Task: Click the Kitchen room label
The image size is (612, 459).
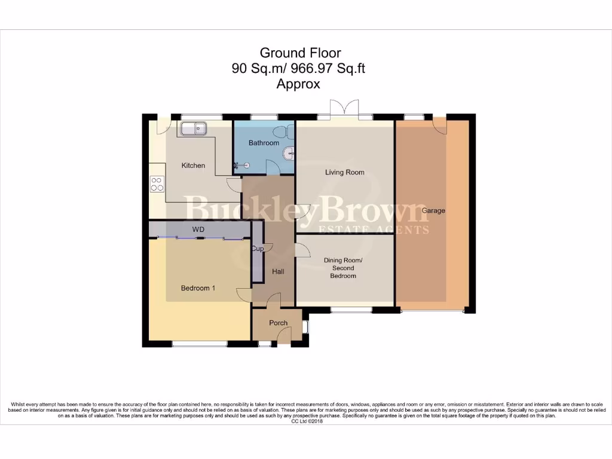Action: pyautogui.click(x=193, y=166)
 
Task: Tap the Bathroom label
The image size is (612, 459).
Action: pyautogui.click(x=264, y=143)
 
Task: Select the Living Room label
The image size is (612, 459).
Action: pyautogui.click(x=345, y=172)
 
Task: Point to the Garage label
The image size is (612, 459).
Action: pyautogui.click(x=433, y=211)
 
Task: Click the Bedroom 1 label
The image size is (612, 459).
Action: pyautogui.click(x=198, y=288)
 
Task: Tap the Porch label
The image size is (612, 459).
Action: pyautogui.click(x=279, y=323)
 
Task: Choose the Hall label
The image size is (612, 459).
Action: pyautogui.click(x=279, y=272)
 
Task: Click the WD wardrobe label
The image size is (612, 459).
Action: pyautogui.click(x=198, y=229)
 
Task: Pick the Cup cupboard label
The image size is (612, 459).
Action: pyautogui.click(x=258, y=249)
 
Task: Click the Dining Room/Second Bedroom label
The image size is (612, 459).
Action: pyautogui.click(x=343, y=268)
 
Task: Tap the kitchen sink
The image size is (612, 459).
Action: pyautogui.click(x=193, y=128)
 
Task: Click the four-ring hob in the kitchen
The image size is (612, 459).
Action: pyautogui.click(x=157, y=184)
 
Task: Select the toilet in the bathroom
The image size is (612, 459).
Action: pyautogui.click(x=284, y=132)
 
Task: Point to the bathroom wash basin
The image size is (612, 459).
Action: pyautogui.click(x=290, y=154)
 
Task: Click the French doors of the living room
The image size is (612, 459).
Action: pyautogui.click(x=344, y=109)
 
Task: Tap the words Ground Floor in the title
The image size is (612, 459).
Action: pyautogui.click(x=300, y=53)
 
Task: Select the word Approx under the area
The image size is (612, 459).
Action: pyautogui.click(x=298, y=84)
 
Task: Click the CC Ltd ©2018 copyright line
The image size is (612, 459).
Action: pyautogui.click(x=307, y=421)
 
